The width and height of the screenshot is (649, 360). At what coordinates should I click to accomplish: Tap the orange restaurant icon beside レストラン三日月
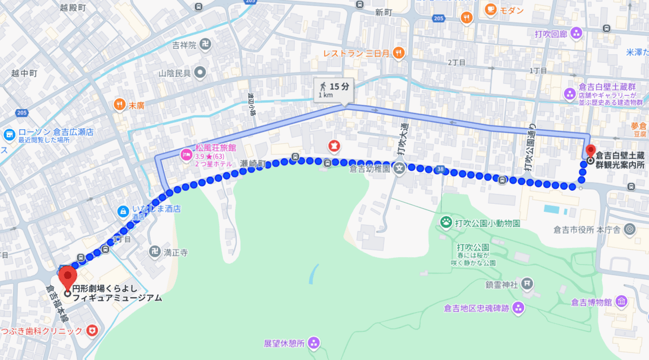[399, 53]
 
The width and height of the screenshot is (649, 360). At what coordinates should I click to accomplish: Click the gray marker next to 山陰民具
[200, 71]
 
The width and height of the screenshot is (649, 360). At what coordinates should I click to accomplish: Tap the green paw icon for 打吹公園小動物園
[446, 221]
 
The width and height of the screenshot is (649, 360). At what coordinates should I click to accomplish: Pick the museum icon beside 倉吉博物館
[621, 301]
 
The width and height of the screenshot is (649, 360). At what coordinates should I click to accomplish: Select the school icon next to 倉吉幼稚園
[399, 168]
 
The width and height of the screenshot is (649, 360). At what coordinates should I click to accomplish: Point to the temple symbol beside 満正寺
[154, 252]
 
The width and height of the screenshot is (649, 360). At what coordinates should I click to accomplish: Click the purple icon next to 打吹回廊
[576, 34]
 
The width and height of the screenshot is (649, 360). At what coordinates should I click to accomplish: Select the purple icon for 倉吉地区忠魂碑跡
[519, 308]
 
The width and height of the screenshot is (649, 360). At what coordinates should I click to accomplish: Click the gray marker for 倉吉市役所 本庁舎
[629, 230]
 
